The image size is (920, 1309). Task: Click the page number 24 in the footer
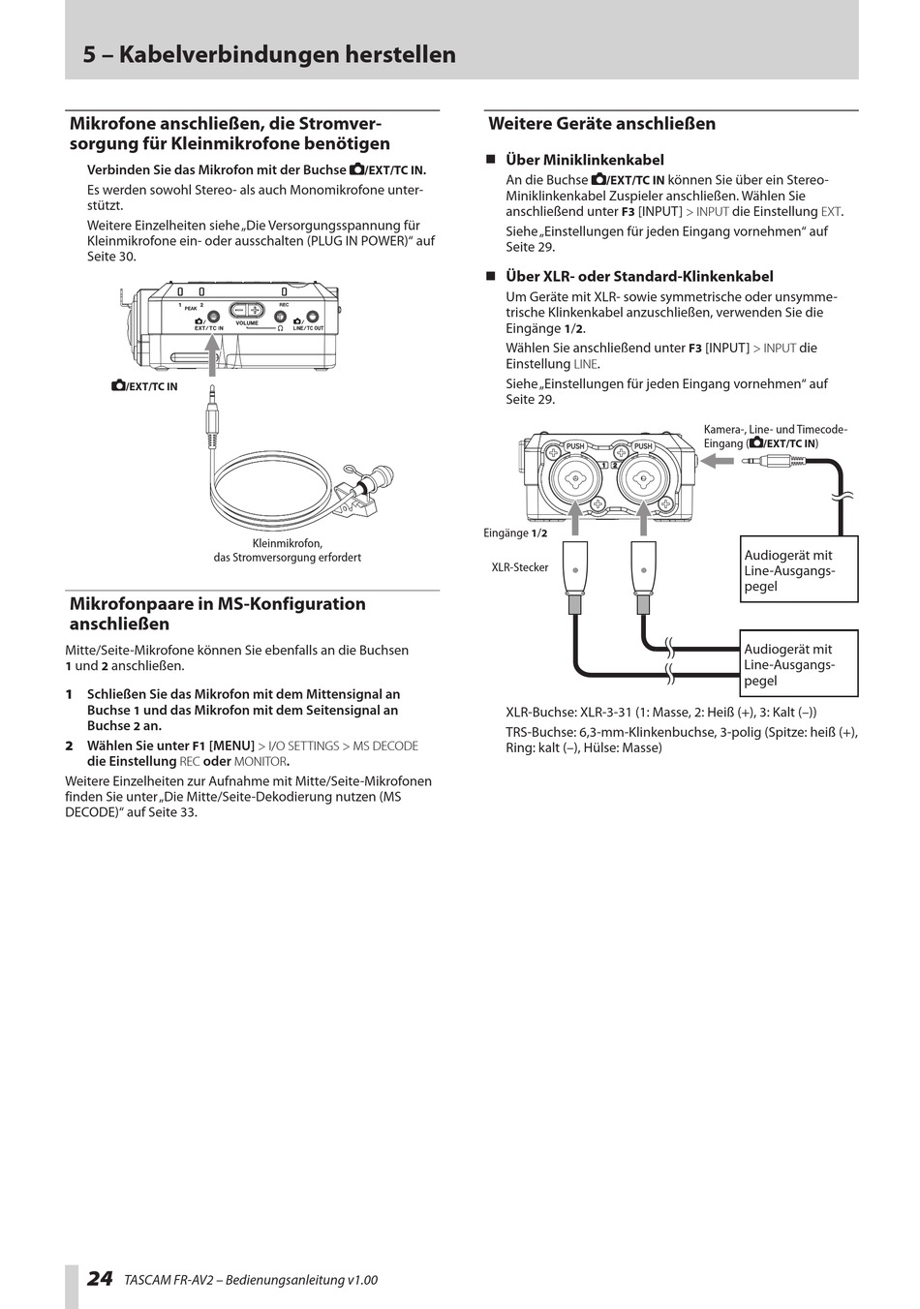[x=99, y=1278]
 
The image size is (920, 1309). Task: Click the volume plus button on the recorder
[x=256, y=310]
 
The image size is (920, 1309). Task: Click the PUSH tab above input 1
[x=575, y=446]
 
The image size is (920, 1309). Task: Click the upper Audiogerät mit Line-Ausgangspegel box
[x=799, y=570]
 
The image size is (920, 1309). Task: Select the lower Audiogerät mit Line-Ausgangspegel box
[x=799, y=664]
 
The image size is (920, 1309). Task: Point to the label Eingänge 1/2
[x=515, y=533]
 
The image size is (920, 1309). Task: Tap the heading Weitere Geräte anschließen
[x=601, y=124]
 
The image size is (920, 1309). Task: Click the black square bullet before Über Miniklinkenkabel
[x=490, y=160]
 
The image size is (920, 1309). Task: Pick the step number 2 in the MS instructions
[x=70, y=746]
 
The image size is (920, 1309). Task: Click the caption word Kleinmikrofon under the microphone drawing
[x=287, y=543]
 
